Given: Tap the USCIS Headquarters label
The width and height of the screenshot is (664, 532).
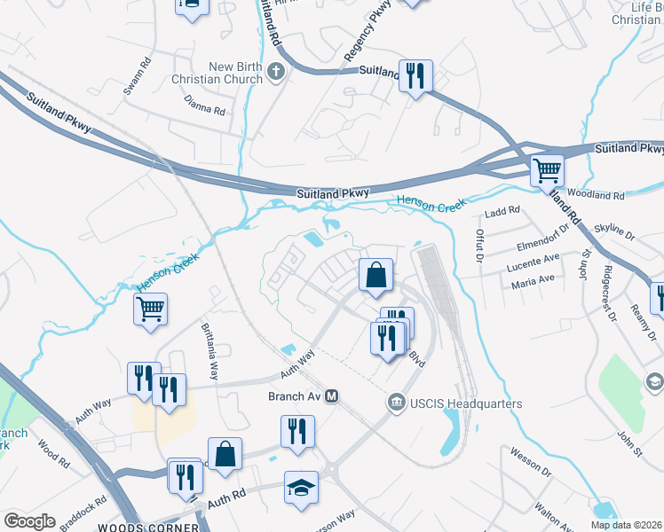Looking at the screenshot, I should click(x=465, y=404).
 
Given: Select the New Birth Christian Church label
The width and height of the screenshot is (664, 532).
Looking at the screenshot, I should click(x=235, y=73).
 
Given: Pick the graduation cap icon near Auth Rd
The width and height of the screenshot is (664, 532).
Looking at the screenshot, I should click(x=301, y=487).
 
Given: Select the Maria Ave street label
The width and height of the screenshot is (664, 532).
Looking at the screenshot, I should click(x=533, y=285).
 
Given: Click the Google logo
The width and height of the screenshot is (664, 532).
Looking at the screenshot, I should click(x=29, y=521).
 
